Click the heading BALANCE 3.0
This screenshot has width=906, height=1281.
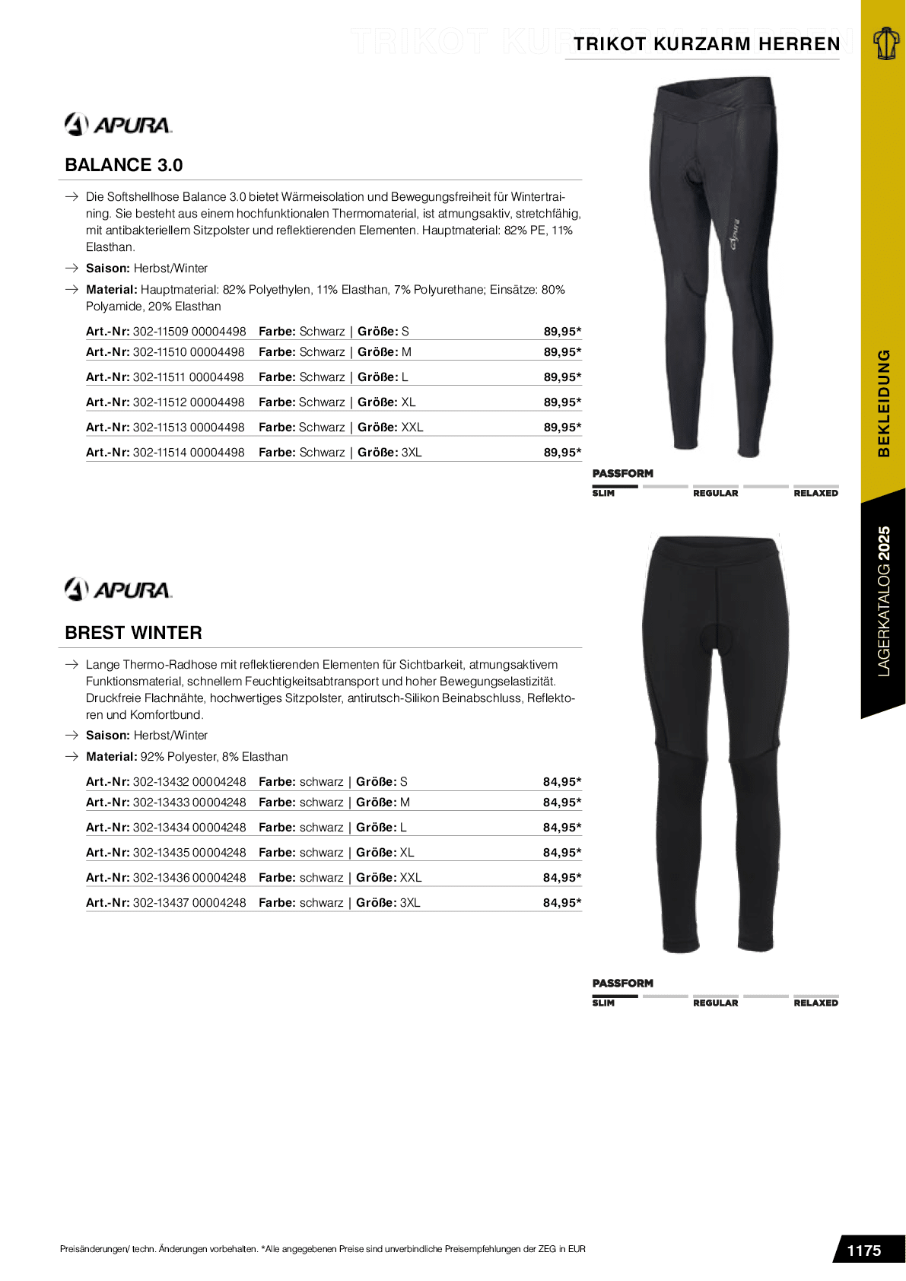click(124, 165)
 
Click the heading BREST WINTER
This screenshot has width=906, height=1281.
click(133, 633)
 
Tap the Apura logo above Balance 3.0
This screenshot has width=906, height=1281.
click(119, 124)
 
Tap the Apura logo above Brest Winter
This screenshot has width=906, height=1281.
click(119, 590)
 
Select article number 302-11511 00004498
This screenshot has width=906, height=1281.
click(188, 377)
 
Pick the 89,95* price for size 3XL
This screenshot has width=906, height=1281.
click(562, 453)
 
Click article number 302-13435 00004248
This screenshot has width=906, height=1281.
click(189, 853)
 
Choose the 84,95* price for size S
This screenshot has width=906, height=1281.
click(562, 782)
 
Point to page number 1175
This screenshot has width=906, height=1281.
click(863, 1251)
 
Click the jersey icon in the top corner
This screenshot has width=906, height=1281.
click(885, 43)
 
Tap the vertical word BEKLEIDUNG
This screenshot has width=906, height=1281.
click(884, 403)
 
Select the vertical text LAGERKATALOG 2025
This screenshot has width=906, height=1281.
click(884, 601)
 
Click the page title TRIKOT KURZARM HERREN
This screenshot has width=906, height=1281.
click(707, 44)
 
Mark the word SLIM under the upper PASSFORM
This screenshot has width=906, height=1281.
click(603, 494)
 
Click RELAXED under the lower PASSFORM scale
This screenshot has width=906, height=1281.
click(815, 1003)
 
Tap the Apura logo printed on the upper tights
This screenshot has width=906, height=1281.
click(735, 234)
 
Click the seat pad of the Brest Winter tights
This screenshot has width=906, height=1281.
click(716, 636)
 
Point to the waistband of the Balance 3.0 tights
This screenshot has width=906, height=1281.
click(716, 95)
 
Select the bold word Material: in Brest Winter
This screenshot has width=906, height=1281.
click(111, 757)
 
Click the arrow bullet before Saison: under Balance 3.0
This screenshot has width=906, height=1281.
click(72, 269)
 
